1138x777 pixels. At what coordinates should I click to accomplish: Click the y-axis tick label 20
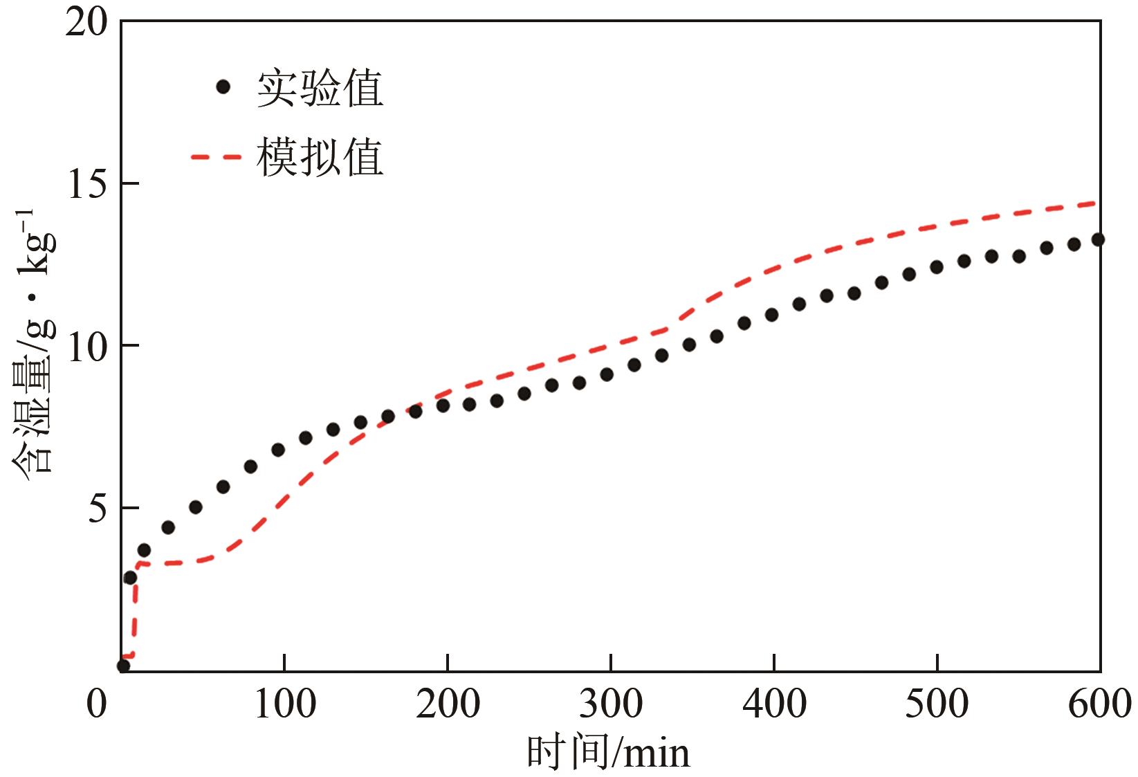click(x=87, y=24)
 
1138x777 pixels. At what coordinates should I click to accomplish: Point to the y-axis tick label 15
click(x=87, y=184)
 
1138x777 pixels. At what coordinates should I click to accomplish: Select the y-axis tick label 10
click(x=87, y=346)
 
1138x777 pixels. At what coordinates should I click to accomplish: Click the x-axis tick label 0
click(x=97, y=704)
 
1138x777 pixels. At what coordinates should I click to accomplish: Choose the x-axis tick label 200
click(x=448, y=704)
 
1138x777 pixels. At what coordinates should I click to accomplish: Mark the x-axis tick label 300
click(x=611, y=704)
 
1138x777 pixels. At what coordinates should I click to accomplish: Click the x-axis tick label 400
click(x=774, y=704)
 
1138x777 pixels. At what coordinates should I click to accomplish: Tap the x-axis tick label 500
click(x=937, y=704)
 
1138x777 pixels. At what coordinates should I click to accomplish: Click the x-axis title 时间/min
click(x=609, y=753)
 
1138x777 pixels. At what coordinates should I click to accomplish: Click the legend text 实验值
click(x=320, y=89)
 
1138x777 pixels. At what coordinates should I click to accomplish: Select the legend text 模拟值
click(x=320, y=157)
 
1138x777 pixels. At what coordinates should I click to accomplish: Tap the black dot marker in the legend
click(x=223, y=87)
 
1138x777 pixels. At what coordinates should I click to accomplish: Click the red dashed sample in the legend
click(x=216, y=157)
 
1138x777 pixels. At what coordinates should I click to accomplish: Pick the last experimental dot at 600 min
click(x=1098, y=239)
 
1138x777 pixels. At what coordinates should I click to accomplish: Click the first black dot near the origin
click(x=123, y=666)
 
